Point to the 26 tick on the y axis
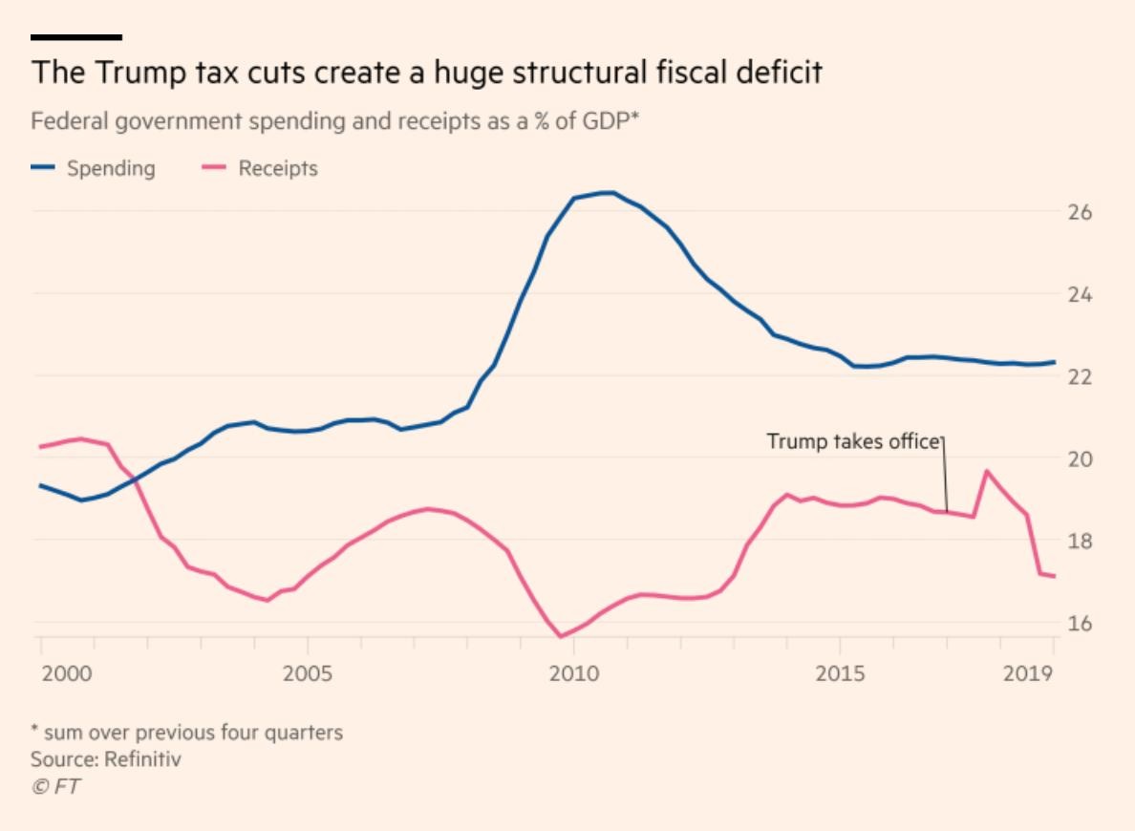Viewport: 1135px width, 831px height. [1079, 211]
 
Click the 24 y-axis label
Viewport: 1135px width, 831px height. [1079, 293]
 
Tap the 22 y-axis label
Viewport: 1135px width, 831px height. [1079, 375]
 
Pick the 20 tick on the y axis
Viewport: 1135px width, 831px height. [1079, 458]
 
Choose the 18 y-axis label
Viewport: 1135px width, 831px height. [1079, 541]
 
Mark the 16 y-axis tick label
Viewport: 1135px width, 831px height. [1079, 623]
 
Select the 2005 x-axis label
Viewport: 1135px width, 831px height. [308, 674]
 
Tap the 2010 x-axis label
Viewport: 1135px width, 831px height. [573, 674]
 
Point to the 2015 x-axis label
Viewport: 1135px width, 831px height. [840, 674]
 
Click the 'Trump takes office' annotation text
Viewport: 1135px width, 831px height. [853, 441]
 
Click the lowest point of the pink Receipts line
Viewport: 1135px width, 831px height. [561, 636]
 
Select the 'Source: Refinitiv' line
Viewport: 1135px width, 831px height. [105, 760]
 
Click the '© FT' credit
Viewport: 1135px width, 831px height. [55, 786]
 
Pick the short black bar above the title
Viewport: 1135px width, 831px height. [76, 37]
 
